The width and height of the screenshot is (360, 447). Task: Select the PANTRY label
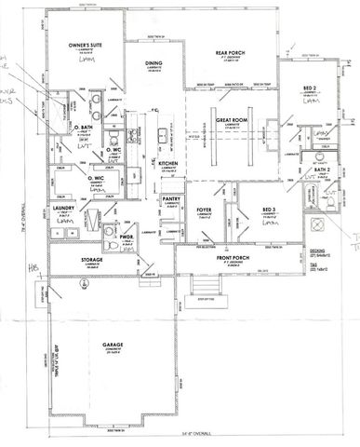click(x=170, y=199)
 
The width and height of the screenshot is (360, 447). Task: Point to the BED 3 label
click(x=269, y=210)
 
